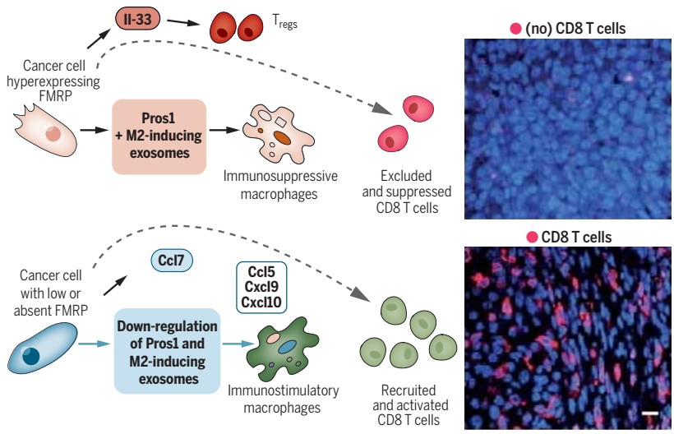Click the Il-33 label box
tap(136, 18)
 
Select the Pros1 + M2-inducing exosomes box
tap(157, 136)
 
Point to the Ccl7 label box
tap(173, 262)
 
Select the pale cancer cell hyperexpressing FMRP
tap(46, 132)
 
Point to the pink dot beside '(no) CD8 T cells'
tap(515, 29)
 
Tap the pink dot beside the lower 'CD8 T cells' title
tap(533, 238)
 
